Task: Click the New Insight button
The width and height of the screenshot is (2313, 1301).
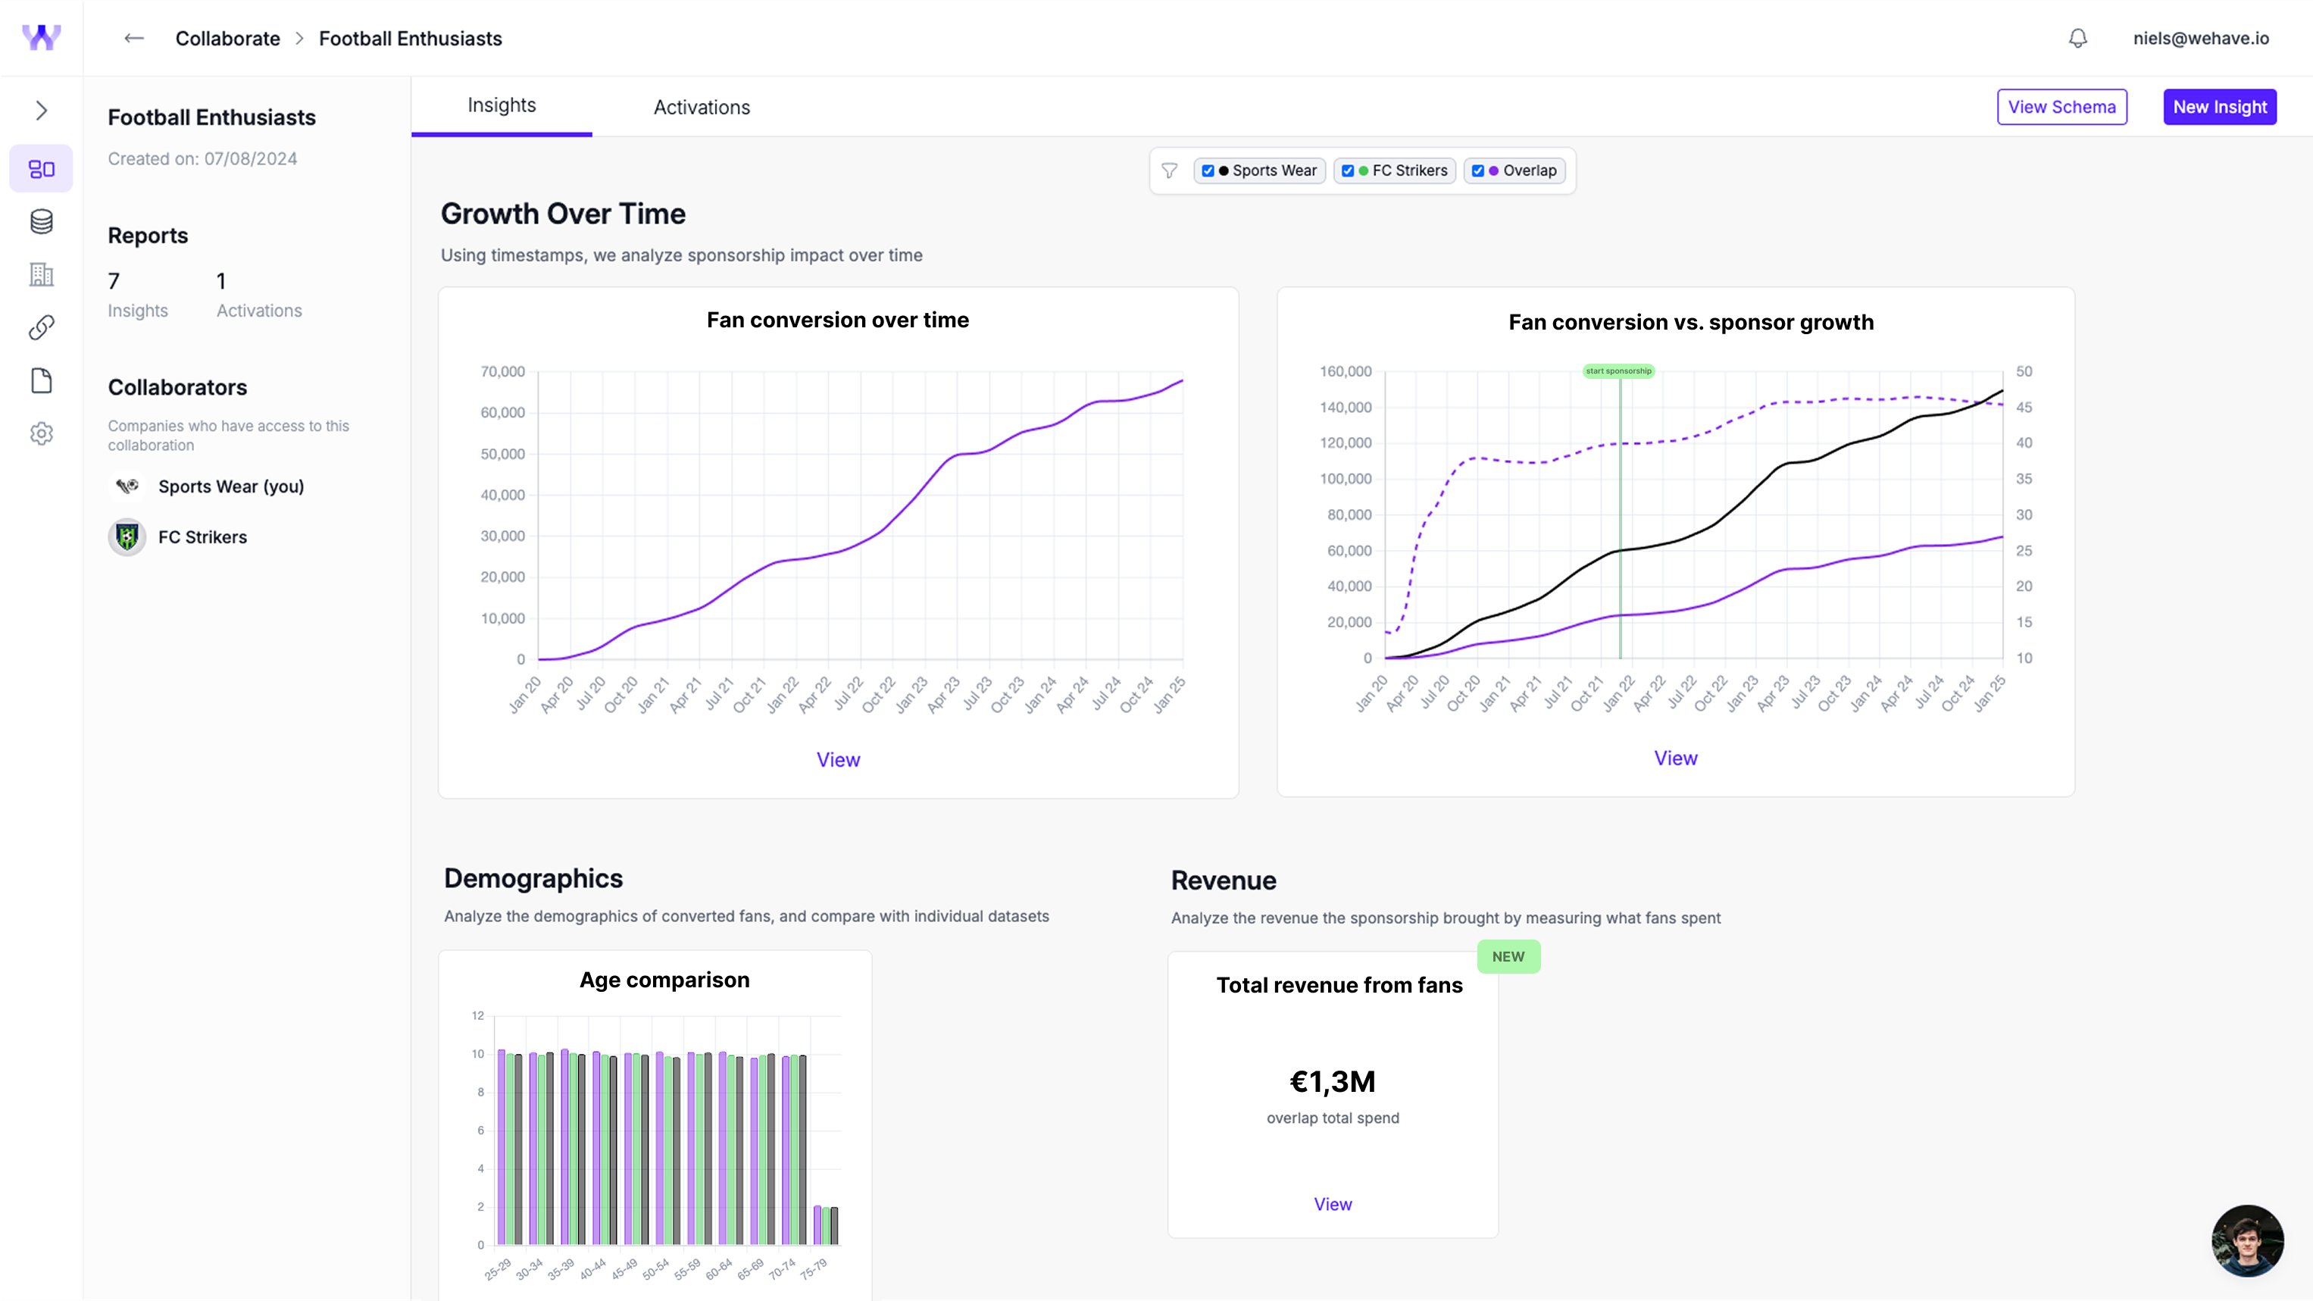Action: (2219, 107)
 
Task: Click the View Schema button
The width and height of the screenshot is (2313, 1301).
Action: (2061, 107)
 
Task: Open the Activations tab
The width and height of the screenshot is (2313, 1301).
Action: (702, 107)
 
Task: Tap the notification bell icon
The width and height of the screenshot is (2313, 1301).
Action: (2077, 39)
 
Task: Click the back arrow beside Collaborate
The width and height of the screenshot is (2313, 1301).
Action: (134, 38)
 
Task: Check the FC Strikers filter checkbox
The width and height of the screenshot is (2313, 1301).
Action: (1347, 170)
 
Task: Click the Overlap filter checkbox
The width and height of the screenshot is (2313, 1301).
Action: (1477, 170)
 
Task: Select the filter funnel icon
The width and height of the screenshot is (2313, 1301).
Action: (1168, 170)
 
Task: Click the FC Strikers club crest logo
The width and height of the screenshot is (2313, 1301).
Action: (127, 537)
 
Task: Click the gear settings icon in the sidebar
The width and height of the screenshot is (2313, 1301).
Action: (42, 433)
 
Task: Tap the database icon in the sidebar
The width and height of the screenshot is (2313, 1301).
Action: (42, 222)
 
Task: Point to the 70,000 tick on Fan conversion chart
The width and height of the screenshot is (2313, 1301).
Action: (502, 372)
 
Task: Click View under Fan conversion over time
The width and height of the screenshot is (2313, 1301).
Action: (837, 759)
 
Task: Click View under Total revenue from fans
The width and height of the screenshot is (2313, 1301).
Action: (1332, 1204)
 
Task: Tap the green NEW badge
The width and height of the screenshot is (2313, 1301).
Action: (1508, 956)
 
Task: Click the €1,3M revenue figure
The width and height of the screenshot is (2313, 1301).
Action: (1332, 1081)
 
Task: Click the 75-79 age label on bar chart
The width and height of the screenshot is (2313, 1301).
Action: (813, 1268)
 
